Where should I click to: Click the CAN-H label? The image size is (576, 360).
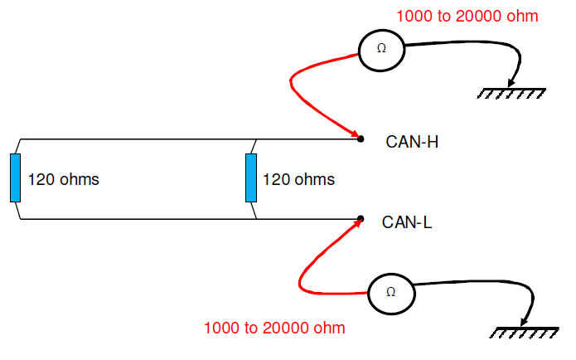point(412,141)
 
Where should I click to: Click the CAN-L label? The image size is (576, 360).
point(408,222)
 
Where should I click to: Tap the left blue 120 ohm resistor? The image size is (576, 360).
point(15,178)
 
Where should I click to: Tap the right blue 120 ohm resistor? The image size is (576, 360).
point(251,178)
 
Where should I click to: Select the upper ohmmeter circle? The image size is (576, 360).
point(381,49)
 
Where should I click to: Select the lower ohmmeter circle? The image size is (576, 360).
point(391,292)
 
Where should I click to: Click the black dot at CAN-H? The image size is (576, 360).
point(361,138)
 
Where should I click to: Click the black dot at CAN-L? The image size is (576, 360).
point(361,219)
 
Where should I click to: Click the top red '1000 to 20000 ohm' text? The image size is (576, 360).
point(467,16)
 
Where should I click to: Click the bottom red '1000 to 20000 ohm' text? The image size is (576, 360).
point(274,328)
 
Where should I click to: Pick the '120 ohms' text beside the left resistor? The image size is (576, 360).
point(64,179)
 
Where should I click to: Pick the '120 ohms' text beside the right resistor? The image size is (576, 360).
point(298,179)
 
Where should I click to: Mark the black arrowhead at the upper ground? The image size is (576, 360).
point(514,82)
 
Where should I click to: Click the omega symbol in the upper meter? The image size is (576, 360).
point(381,49)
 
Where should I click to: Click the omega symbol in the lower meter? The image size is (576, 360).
point(391,292)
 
